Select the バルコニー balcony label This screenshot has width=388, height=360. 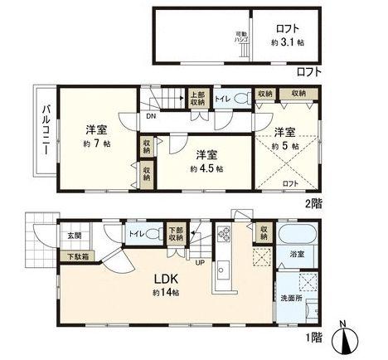coord(46,133)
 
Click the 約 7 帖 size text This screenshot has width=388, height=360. coord(98,144)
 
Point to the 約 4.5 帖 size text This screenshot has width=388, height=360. coord(206,168)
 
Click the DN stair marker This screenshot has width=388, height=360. coord(149,117)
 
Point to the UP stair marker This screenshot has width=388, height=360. coord(199,263)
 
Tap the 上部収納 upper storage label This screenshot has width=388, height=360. coord(198,98)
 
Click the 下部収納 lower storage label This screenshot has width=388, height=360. coord(177,235)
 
